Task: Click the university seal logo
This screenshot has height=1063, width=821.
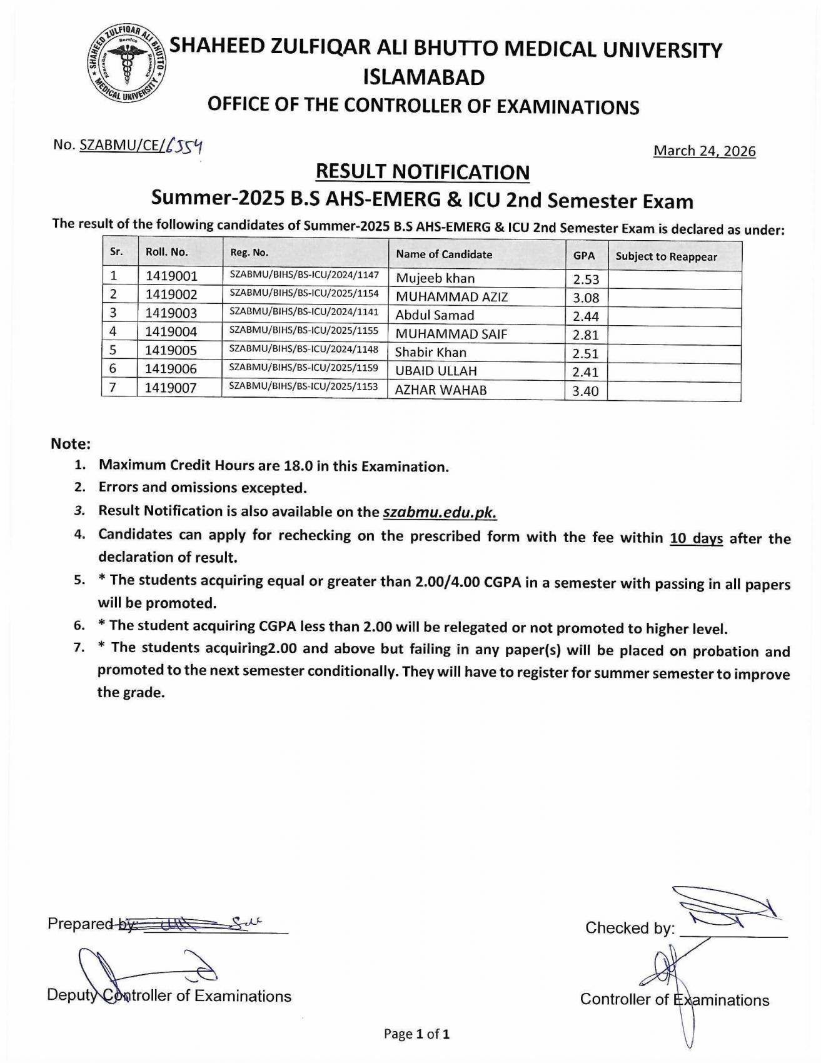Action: pos(126,64)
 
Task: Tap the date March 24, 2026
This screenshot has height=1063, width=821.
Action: pos(704,151)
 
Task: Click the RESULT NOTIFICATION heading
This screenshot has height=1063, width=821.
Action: pos(423,172)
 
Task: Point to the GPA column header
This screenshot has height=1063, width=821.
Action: pos(583,256)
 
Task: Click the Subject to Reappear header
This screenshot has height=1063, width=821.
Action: pos(666,256)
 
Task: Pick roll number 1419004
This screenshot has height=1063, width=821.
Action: pos(171,331)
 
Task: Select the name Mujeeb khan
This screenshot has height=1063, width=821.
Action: pos(435,278)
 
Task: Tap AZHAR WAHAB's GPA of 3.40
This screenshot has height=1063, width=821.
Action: pos(586,391)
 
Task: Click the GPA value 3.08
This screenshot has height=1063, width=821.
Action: pos(586,298)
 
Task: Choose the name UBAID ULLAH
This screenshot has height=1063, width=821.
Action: pos(436,371)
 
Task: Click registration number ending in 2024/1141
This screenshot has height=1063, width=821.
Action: pos(304,311)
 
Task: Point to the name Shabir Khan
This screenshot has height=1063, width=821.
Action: pos(430,352)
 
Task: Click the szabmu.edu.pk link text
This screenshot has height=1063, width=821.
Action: pos(440,512)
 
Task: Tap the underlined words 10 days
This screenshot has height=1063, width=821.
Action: pos(696,538)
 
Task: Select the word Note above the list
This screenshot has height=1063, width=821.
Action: pos(71,444)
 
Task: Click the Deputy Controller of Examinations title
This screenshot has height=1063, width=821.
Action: pos(169,995)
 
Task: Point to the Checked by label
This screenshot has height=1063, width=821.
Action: pos(630,928)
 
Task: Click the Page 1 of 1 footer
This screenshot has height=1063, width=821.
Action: pos(416,1034)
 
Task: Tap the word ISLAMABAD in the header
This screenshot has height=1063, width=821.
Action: pos(424,78)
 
